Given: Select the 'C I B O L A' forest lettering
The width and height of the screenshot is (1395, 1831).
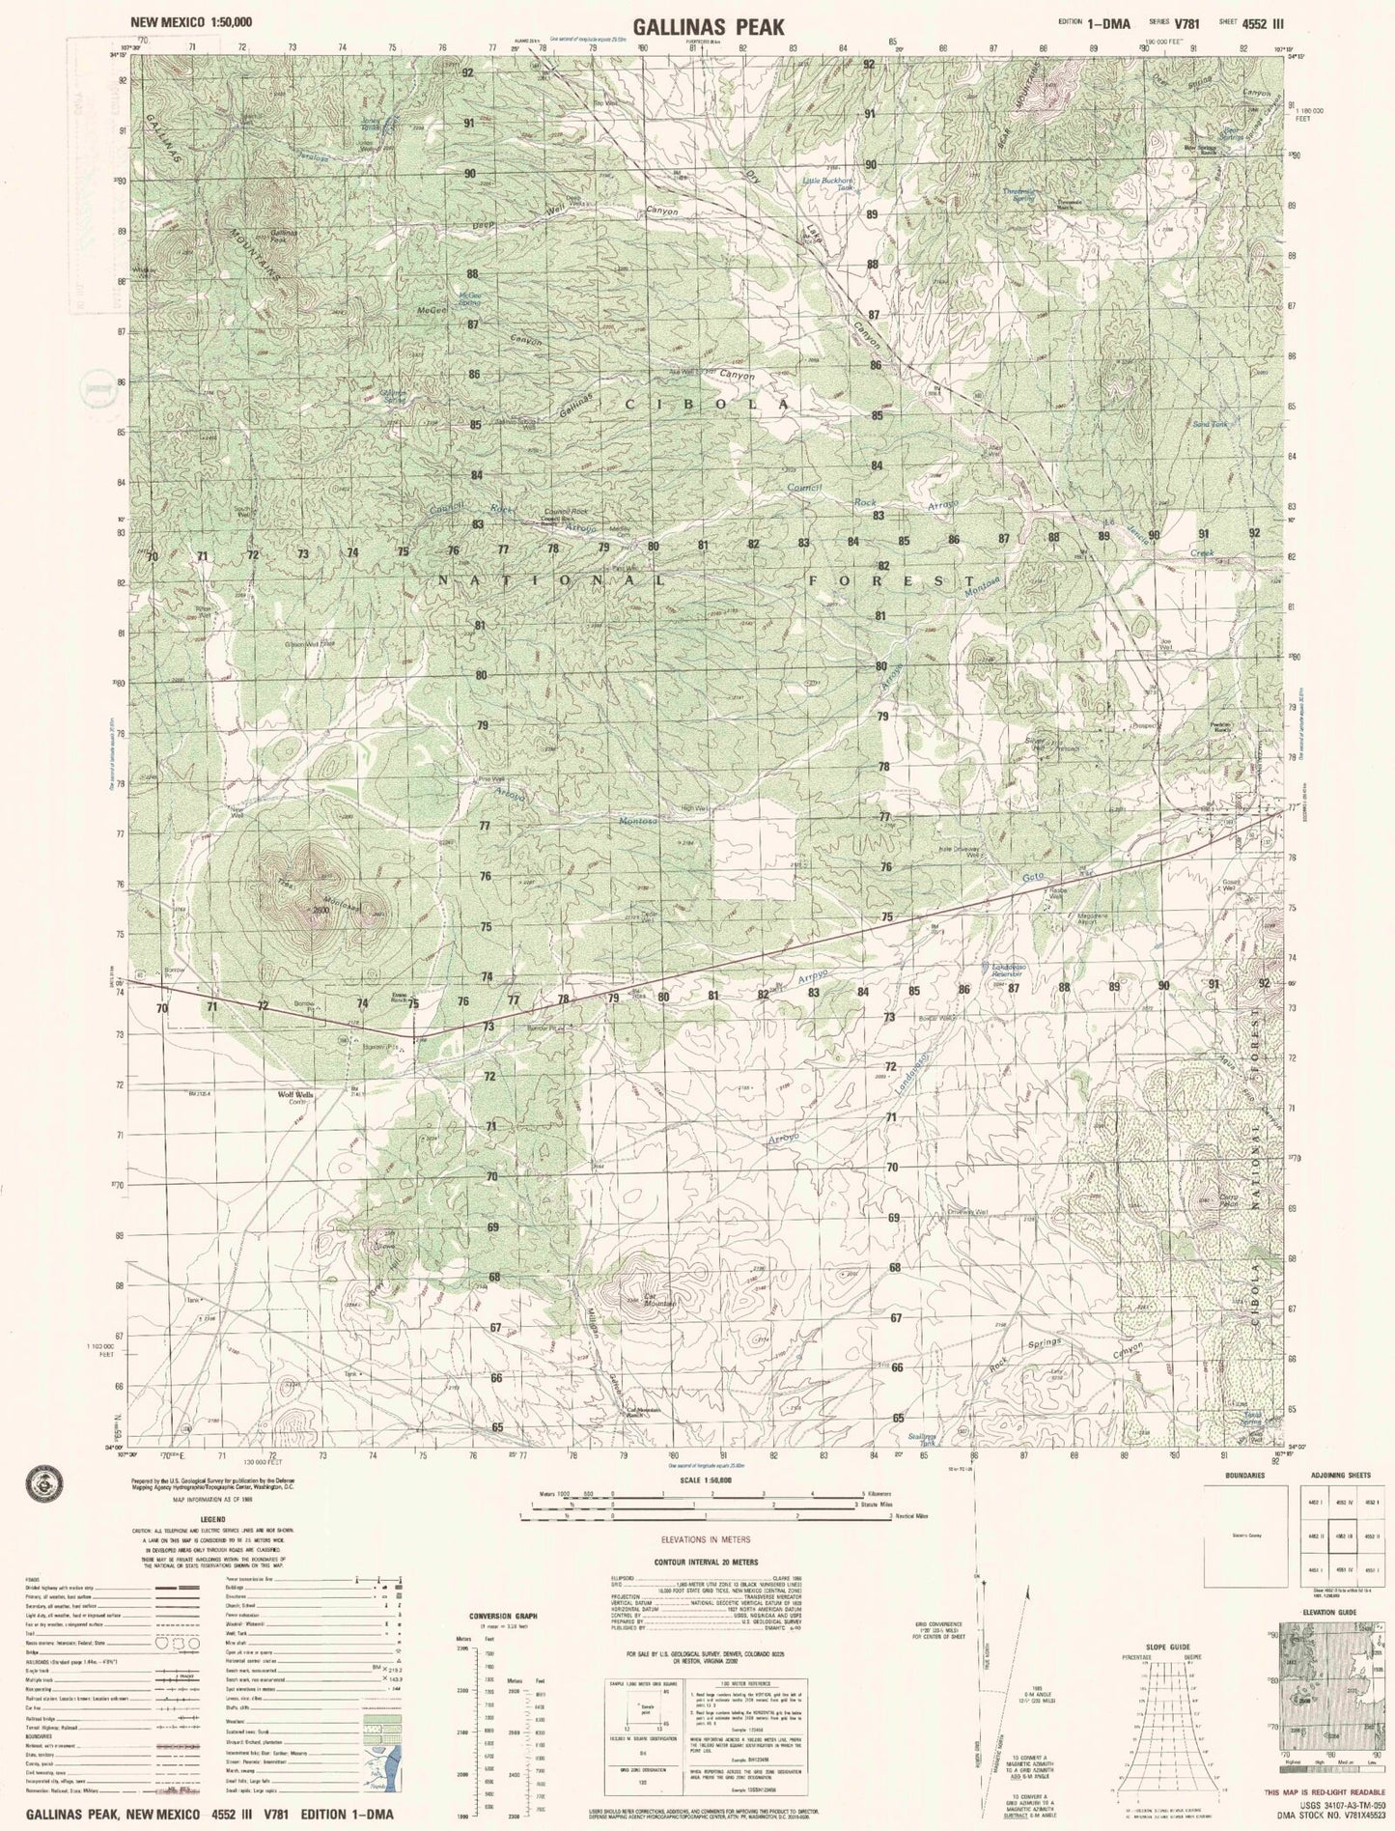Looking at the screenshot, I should tap(694, 405).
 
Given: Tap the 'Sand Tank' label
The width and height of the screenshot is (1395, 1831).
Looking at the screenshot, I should tap(1210, 424).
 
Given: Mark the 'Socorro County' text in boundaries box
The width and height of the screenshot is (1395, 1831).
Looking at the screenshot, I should tap(1246, 1533).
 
